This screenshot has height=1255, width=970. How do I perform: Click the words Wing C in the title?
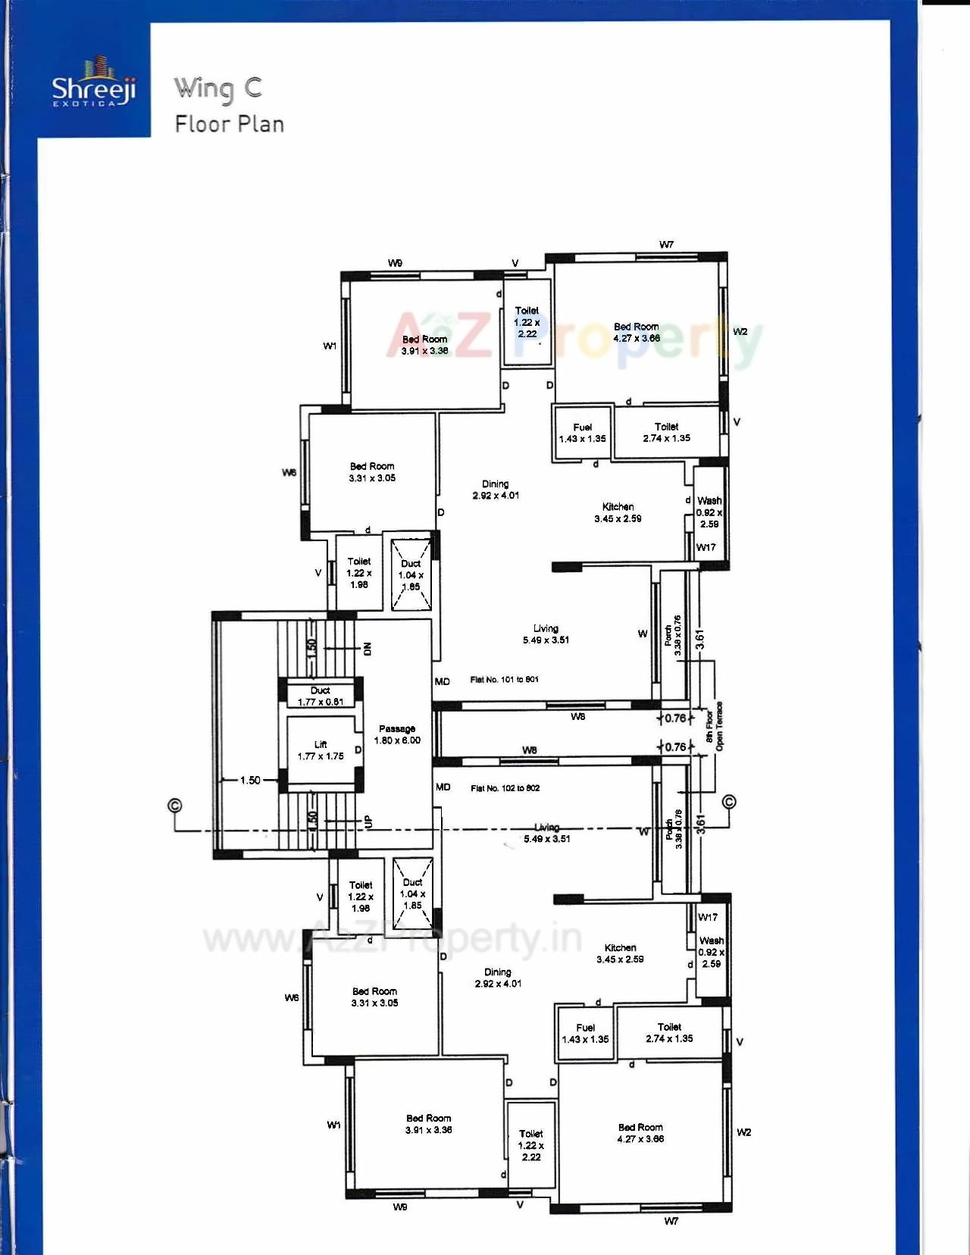[218, 89]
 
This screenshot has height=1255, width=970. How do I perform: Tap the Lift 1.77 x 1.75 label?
[321, 750]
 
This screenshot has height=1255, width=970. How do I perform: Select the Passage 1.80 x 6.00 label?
[397, 734]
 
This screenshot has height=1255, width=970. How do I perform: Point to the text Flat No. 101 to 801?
[504, 680]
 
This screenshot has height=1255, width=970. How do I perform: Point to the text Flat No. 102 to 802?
[505, 788]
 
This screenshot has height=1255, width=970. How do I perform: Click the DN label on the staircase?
[368, 649]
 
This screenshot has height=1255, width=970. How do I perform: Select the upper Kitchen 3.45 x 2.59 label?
[618, 513]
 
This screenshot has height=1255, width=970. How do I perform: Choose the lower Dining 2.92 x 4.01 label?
[498, 978]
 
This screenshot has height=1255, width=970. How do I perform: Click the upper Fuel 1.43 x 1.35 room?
[582, 433]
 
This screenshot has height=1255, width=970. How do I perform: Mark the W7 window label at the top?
[666, 244]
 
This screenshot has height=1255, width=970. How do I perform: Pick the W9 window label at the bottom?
[400, 1206]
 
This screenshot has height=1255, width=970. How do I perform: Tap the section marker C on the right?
[730, 802]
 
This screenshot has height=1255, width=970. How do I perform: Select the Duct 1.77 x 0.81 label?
[321, 696]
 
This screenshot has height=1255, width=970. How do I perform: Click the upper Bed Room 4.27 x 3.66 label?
[637, 332]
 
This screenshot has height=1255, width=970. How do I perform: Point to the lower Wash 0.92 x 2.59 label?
[711, 952]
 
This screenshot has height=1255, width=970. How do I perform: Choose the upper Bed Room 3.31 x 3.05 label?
[372, 472]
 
